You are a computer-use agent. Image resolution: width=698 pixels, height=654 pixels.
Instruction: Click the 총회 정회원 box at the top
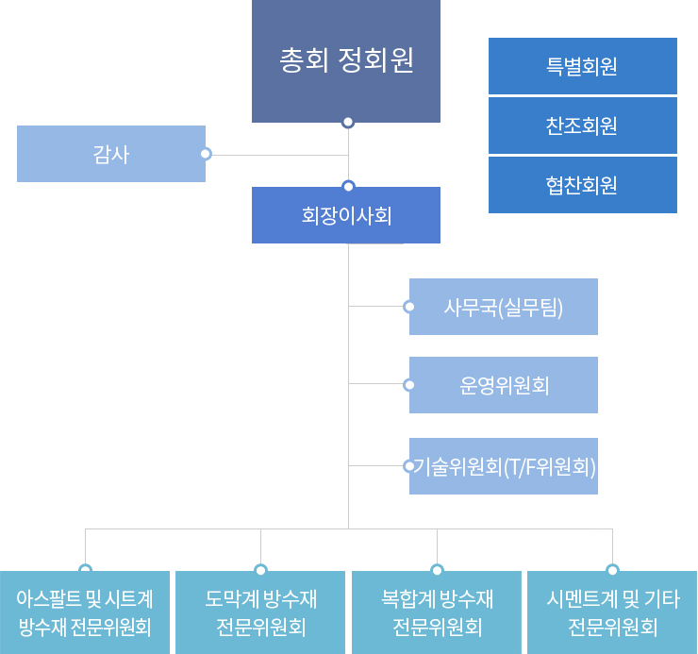click(346, 61)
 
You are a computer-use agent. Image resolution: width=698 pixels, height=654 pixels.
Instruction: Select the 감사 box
click(111, 154)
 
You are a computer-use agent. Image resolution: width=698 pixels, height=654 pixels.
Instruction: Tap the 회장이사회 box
click(346, 215)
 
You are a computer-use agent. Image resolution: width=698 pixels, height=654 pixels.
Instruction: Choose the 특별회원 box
click(582, 66)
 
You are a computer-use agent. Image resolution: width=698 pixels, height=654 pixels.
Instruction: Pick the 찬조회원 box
click(582, 126)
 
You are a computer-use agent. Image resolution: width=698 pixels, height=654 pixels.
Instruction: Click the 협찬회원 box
click(582, 185)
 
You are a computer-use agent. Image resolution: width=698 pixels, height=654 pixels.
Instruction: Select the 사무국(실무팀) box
click(504, 307)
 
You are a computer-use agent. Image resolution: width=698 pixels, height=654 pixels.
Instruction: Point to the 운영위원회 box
click(504, 385)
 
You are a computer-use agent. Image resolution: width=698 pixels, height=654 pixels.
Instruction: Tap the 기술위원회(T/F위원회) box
click(504, 466)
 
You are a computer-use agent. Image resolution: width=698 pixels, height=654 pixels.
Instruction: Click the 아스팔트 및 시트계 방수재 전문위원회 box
click(85, 612)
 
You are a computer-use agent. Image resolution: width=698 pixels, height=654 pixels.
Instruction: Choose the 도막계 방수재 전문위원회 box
click(260, 612)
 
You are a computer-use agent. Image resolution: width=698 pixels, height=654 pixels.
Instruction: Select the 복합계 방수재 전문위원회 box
click(437, 612)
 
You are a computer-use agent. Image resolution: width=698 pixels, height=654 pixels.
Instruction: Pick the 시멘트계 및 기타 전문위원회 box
click(612, 612)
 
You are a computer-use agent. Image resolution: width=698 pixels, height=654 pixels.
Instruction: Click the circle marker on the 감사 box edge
click(206, 154)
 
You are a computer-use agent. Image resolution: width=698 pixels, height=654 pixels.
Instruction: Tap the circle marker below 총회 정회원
click(348, 122)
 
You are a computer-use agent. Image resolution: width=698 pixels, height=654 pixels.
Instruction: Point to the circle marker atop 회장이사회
click(348, 186)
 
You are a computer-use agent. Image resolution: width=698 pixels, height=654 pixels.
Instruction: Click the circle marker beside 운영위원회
click(408, 385)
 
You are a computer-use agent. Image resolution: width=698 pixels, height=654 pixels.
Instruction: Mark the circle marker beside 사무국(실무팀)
click(408, 307)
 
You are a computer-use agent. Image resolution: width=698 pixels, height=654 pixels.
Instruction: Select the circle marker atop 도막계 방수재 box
click(260, 570)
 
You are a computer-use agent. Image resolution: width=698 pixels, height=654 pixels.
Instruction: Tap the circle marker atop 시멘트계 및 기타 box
click(612, 570)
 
